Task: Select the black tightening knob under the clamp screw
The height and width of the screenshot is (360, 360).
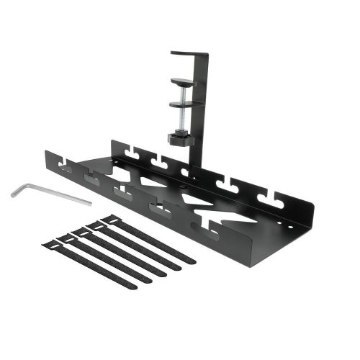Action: [x=180, y=137]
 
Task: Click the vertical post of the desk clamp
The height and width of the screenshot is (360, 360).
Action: [x=202, y=115]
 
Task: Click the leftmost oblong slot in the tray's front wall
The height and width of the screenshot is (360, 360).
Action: [x=66, y=170]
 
